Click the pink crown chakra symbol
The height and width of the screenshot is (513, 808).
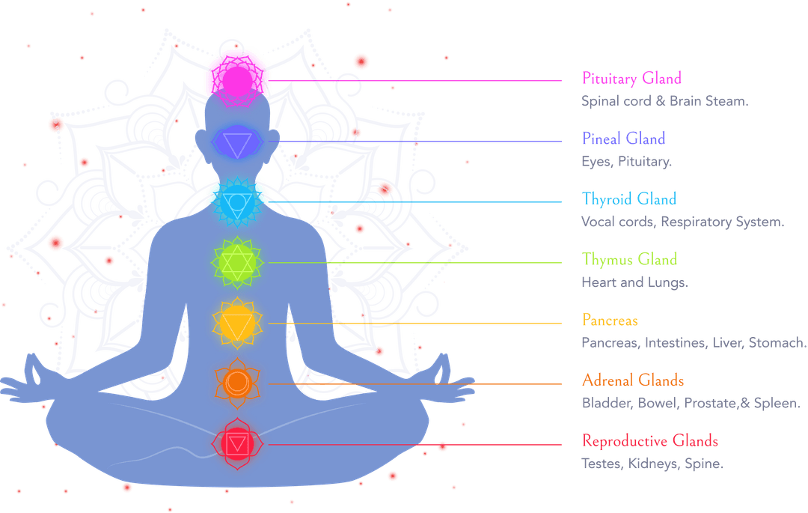coord(237,81)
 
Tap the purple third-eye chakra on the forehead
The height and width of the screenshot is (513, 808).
coord(237,142)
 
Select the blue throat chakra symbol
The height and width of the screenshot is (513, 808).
coord(237,202)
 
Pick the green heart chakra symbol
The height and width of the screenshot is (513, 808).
coord(237,262)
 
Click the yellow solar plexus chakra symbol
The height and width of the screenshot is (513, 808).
coord(237,324)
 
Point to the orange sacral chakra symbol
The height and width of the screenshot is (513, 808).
coord(237,383)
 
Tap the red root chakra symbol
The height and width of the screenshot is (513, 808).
coord(237,444)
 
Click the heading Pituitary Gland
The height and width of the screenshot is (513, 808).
coord(631,79)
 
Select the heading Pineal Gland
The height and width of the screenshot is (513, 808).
coord(623,139)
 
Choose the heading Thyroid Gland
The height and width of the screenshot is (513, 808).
coord(628,199)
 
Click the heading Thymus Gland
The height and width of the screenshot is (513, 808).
coord(629,259)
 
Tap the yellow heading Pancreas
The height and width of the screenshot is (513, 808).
coord(610,321)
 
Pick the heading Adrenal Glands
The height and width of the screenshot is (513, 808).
coord(633,380)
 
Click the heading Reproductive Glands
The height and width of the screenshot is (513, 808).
coord(650,441)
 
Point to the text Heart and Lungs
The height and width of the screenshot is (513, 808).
coord(634,282)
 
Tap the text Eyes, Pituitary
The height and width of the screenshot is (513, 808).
coord(627,162)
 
